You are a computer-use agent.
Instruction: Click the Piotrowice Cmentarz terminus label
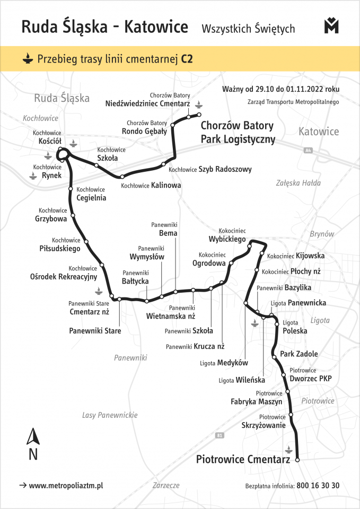[243, 459]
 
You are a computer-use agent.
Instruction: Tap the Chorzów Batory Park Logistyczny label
[238, 133]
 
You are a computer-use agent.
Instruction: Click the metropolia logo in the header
[331, 26]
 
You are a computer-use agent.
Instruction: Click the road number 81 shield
[220, 436]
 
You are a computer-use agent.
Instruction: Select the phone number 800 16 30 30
[318, 485]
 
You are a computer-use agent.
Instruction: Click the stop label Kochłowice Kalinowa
[151, 186]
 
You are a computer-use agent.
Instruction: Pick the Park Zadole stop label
[299, 354]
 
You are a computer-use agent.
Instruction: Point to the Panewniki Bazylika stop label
[284, 287]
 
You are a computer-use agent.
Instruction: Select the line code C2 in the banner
[187, 59]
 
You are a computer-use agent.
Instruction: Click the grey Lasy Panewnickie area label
[110, 415]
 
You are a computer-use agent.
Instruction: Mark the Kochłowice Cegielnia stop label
[91, 194]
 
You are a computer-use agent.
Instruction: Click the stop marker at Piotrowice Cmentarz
[297, 460]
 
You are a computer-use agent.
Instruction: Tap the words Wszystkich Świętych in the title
[248, 29]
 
